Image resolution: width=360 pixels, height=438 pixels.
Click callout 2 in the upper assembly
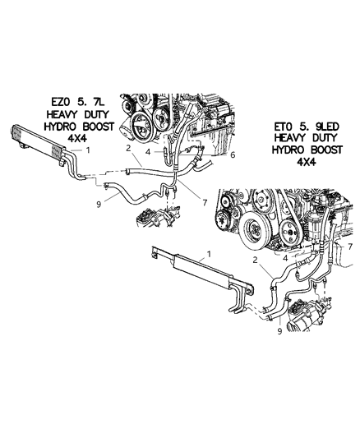[129, 149]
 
